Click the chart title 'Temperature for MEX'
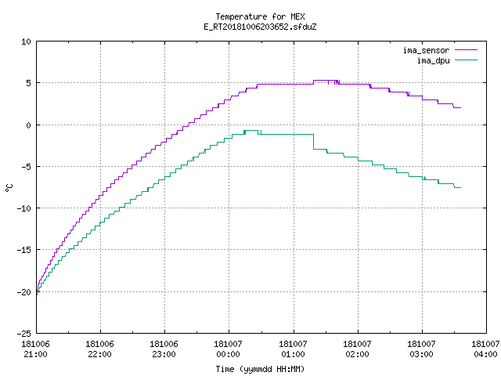click(x=260, y=16)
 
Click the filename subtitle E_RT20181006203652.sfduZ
click(x=260, y=27)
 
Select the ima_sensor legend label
click(x=426, y=50)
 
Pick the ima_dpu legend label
click(x=434, y=60)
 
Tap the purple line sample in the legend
click(x=466, y=50)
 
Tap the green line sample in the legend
click(x=466, y=60)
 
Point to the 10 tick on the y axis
click(x=26, y=42)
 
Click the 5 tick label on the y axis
click(x=28, y=83)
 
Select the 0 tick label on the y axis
click(x=28, y=125)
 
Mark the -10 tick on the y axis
click(x=24, y=208)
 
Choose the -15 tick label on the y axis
click(x=24, y=250)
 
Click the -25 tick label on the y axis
click(x=24, y=334)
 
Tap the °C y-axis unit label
click(x=9, y=188)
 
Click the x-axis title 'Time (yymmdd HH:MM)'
click(x=260, y=369)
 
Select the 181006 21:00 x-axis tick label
click(x=35, y=349)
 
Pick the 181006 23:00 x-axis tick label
click(x=164, y=349)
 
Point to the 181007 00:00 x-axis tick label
click(x=228, y=349)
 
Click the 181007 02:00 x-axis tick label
click(x=357, y=349)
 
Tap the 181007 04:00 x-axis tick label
click(x=485, y=349)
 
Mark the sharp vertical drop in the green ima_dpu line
click(x=313, y=142)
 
